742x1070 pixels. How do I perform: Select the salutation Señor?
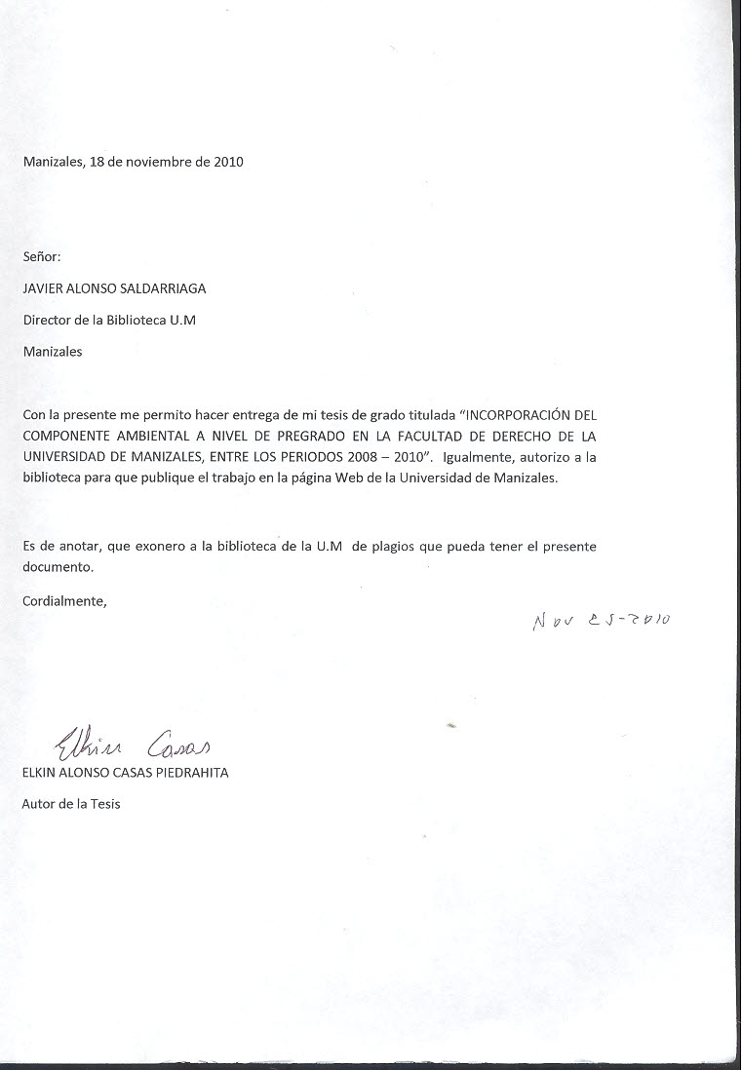point(42,257)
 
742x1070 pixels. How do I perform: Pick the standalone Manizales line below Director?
point(53,352)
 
